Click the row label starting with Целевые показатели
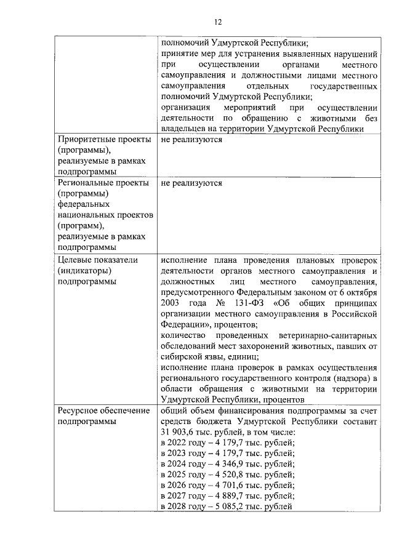coord(98,270)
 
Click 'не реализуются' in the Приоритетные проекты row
coord(191,140)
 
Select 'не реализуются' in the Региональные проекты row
coord(191,183)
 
